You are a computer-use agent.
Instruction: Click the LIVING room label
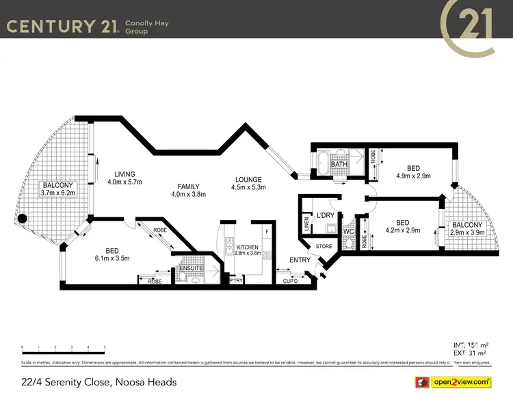(125, 174)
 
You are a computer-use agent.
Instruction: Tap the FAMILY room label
(189, 187)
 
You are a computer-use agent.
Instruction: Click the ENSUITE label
(190, 268)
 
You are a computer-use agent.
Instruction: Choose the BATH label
(339, 165)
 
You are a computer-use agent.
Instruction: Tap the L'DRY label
(325, 216)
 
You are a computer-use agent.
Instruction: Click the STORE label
(324, 247)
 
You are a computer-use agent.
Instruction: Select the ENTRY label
(300, 260)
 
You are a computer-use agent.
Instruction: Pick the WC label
(347, 231)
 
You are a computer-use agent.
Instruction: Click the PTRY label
(236, 281)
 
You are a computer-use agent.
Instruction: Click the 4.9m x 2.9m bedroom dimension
(412, 176)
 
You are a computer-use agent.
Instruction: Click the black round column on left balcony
(22, 220)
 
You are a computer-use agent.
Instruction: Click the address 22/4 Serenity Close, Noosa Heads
(98, 382)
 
